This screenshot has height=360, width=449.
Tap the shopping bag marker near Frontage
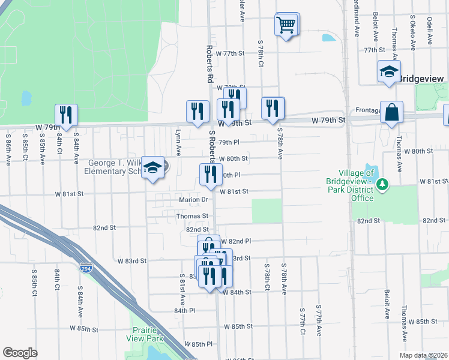tap(391, 112)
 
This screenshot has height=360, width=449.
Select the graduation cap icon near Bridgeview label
tap(389, 72)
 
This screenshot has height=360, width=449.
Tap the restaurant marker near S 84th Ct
tap(66, 115)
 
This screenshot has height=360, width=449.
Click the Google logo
tap(20, 353)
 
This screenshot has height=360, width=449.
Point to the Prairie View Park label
tap(148, 334)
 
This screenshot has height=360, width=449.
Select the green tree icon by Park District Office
tap(381, 184)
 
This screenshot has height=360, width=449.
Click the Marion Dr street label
tap(193, 200)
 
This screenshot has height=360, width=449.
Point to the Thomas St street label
tap(192, 215)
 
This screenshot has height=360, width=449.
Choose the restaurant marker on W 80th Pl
tap(210, 174)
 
